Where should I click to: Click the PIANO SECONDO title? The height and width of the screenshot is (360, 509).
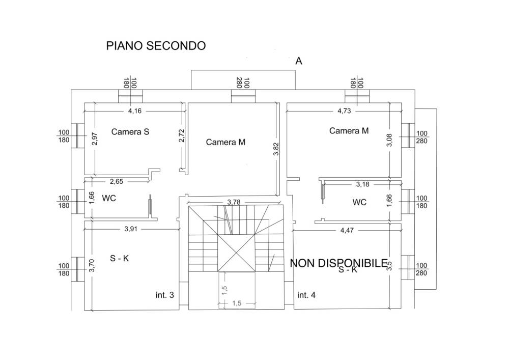point(156,46)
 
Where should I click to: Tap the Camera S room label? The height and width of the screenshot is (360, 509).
point(130,132)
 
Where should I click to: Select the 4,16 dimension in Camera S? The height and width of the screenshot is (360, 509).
point(135,110)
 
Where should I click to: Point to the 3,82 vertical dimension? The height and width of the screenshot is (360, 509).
point(276,149)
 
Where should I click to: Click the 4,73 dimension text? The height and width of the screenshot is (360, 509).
point(344,110)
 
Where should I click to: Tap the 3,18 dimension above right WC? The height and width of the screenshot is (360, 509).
point(362,184)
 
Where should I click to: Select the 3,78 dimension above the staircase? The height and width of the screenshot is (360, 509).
point(234,202)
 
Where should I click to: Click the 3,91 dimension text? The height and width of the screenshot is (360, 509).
point(131,229)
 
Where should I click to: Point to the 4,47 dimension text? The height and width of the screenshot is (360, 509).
point(348,230)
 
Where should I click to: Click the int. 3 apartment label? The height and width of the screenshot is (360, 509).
point(165,295)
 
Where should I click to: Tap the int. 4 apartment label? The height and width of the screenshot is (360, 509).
point(306,295)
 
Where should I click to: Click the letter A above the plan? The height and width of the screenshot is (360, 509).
point(299,61)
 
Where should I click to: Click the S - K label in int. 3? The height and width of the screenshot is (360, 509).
point(120,258)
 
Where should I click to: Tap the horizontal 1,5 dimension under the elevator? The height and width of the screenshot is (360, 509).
point(236,303)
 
